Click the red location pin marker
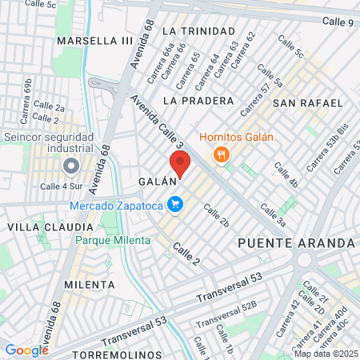click(x=181, y=163)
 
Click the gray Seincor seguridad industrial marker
click(x=70, y=166)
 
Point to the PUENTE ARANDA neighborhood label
click(x=296, y=242)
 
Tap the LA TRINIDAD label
click(x=198, y=31)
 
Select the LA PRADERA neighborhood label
click(x=198, y=101)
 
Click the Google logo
click(x=26, y=350)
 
